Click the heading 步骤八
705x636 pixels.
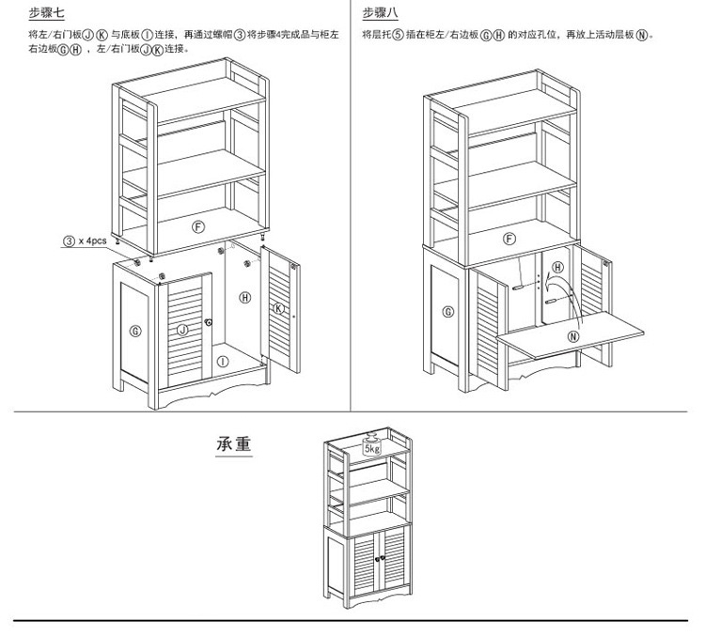coord(381,13)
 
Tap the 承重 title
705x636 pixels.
coord(234,443)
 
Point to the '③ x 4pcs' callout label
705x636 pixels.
coord(85,241)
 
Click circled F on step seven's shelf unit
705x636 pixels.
coord(198,226)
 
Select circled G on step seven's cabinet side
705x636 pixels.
coord(136,331)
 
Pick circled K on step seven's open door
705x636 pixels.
coord(278,308)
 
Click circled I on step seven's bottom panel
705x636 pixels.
coord(222,361)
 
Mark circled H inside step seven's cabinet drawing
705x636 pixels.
coord(245,298)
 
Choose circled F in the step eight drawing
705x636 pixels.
coord(510,239)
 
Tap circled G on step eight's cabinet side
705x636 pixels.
coord(448,312)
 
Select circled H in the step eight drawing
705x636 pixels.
coord(557,268)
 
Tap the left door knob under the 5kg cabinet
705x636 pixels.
coord(375,562)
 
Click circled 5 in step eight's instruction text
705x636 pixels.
coord(398,35)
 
